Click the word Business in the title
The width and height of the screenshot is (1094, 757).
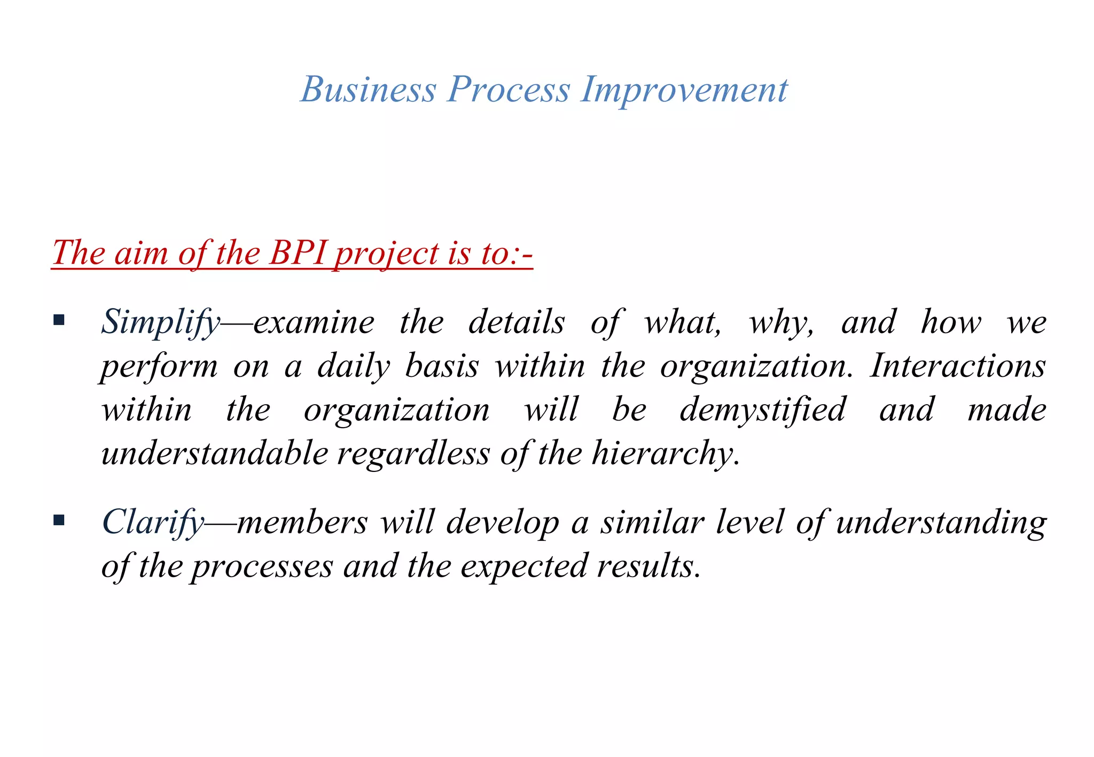[x=368, y=89]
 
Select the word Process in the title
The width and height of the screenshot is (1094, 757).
[x=509, y=89]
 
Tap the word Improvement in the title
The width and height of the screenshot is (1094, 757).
[x=684, y=89]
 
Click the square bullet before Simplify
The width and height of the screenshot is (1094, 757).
[x=59, y=321]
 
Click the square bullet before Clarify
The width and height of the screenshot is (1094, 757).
[x=59, y=520]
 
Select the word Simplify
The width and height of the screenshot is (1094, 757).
[x=160, y=322]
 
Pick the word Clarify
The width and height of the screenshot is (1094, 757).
[x=153, y=522]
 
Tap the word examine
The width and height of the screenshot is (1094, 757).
[x=314, y=322]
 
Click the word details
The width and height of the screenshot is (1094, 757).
[x=516, y=322]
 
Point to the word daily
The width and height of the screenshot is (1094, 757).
[x=354, y=367]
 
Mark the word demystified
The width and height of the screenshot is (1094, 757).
[x=763, y=410]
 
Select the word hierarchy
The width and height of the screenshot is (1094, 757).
[x=665, y=454]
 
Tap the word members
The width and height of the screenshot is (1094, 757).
[x=302, y=522]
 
